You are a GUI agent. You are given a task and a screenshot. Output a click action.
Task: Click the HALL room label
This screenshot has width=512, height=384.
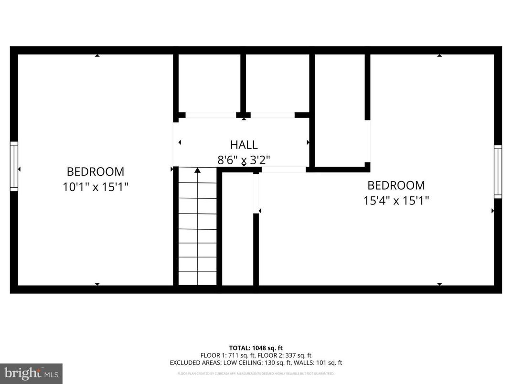244,145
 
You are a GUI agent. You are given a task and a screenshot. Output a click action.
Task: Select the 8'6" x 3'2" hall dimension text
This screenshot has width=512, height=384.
244,160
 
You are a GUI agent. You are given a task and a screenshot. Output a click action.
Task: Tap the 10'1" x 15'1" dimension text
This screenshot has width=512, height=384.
96,187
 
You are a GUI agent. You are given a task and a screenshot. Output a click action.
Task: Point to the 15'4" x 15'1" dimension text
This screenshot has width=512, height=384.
396,201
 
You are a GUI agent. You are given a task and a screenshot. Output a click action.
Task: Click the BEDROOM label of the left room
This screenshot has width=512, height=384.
96,171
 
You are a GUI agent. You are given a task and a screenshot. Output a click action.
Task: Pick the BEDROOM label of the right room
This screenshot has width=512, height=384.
396,185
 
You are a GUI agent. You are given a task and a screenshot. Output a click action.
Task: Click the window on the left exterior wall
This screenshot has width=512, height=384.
14,166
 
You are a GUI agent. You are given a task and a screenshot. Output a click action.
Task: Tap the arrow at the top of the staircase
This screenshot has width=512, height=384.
197,170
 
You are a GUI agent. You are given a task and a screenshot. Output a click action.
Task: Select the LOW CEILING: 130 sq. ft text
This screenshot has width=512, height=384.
268,363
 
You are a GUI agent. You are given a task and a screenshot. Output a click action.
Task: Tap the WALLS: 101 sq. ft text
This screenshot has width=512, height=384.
322,363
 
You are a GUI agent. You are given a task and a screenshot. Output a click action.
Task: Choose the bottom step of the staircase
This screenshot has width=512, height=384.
197,278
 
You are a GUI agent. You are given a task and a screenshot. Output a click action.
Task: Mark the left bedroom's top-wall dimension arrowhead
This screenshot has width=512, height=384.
97,56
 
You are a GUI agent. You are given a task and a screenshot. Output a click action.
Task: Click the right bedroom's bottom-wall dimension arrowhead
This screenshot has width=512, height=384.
439,284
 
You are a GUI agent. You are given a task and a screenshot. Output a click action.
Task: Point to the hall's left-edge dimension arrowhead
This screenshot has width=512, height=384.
180,142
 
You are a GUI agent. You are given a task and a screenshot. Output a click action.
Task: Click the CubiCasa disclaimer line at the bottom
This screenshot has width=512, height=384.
256,373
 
